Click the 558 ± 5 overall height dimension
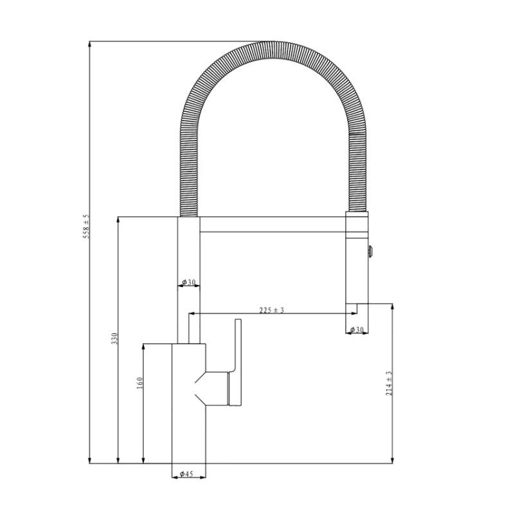coord(86,227)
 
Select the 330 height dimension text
coord(114,339)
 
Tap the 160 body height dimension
coord(139,383)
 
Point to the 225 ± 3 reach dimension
coord(272,310)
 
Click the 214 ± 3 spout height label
coord(389,383)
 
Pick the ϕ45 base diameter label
coord(187,474)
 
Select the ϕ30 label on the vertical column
coord(189,282)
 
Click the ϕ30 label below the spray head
coord(357,330)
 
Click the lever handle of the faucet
coord(237,362)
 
